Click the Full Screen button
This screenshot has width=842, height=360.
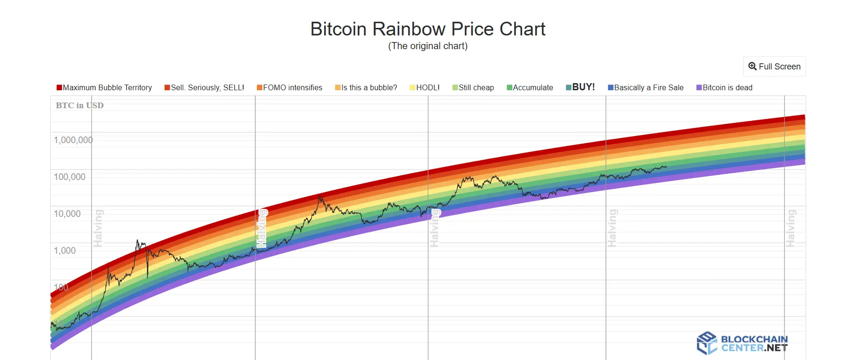point(774,67)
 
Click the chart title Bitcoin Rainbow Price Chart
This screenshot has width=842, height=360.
point(428,29)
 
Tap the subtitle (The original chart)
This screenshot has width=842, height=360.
point(428,46)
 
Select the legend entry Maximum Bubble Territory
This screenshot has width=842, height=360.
point(104,87)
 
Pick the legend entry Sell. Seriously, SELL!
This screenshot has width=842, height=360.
point(205,87)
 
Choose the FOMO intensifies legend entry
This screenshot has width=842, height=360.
point(290,87)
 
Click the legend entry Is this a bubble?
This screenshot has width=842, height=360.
point(366,87)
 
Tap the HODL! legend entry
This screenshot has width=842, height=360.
point(425,87)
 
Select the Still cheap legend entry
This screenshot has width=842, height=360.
point(473,87)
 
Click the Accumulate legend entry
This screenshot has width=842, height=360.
point(530,87)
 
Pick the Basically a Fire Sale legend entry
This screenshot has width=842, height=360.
point(646,87)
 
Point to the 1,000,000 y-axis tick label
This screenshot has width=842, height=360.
point(73,140)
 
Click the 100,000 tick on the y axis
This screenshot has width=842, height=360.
point(69,177)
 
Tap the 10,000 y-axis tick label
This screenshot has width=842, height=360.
point(67,214)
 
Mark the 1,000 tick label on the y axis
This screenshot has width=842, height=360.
point(65,250)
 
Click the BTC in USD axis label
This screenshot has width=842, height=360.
point(79,105)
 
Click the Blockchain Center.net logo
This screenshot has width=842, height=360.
point(742,343)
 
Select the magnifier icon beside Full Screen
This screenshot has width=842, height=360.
point(752,67)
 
